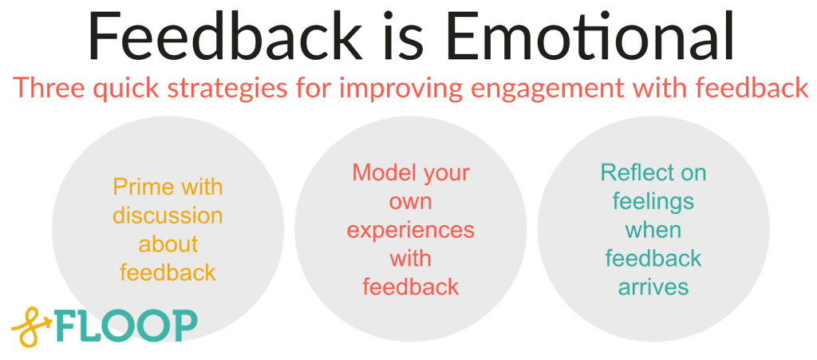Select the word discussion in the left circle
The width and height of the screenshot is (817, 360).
click(168, 216)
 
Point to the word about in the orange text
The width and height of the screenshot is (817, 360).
click(168, 244)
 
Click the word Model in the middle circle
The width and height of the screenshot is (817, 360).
click(380, 172)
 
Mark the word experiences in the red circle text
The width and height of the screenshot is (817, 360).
click(410, 231)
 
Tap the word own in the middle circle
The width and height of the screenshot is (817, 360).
click(410, 201)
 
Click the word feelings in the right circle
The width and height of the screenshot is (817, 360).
click(653, 202)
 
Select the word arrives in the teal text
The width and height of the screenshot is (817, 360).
click(653, 287)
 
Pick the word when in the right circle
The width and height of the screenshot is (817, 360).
click(653, 230)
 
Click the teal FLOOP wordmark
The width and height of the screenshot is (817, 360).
click(128, 326)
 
